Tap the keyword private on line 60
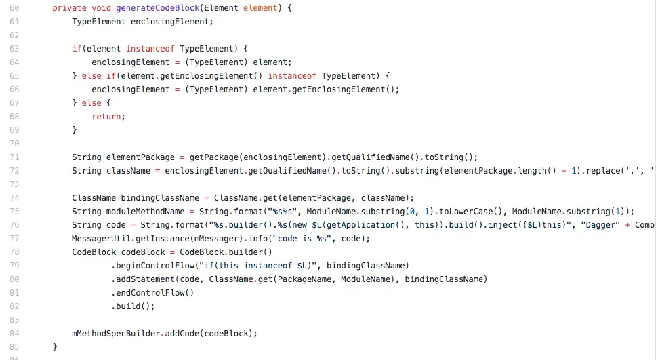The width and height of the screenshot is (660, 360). point(69,7)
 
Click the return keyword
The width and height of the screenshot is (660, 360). point(108,116)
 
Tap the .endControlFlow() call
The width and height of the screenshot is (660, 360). point(152,292)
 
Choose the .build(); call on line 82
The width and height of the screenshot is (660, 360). point(133,306)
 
